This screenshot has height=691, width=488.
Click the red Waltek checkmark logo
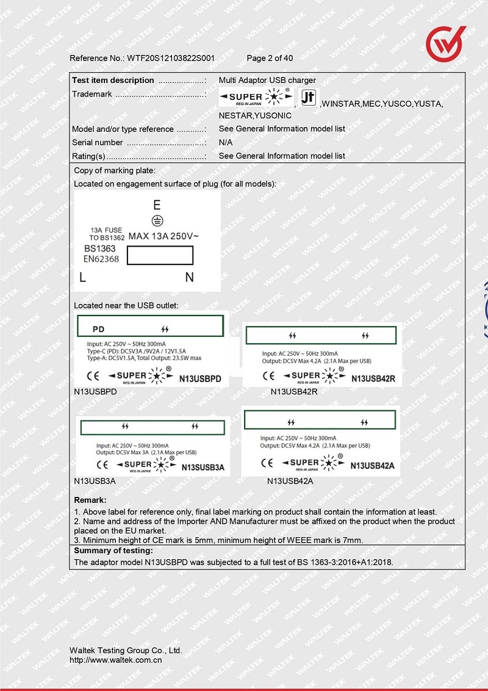(445, 44)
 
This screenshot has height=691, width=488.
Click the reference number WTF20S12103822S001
(170, 59)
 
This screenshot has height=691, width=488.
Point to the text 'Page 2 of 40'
(270, 59)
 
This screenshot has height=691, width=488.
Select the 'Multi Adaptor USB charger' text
(267, 81)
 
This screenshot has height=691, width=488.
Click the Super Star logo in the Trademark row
(255, 98)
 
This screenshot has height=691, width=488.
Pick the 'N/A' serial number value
(226, 143)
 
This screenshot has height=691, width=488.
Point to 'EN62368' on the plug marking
(101, 259)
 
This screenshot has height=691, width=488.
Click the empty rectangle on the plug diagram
(160, 255)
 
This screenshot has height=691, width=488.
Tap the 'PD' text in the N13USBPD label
(98, 329)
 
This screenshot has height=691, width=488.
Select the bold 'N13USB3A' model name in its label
(203, 468)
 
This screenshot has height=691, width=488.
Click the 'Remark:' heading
(90, 501)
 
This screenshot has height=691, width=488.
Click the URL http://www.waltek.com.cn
(115, 660)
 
